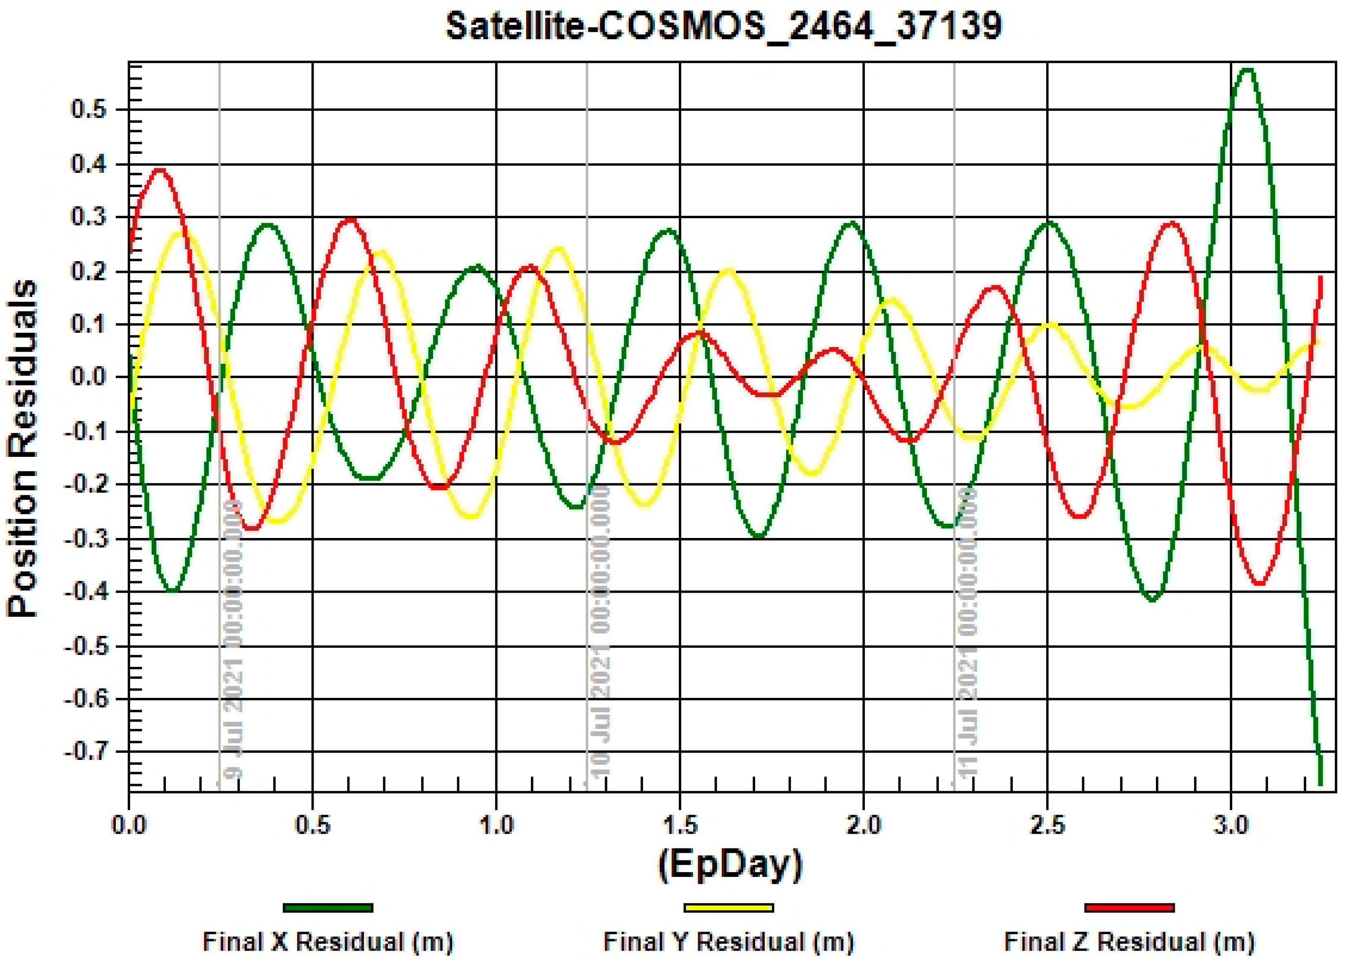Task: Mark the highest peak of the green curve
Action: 1248,70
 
